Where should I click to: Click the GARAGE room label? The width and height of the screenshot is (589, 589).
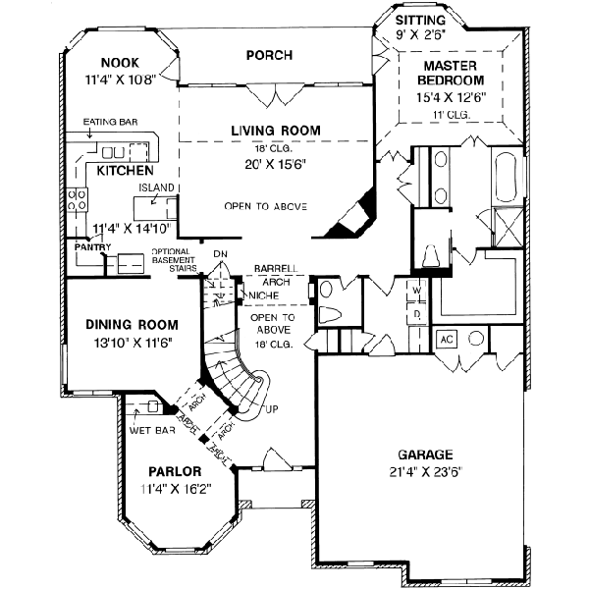(425, 455)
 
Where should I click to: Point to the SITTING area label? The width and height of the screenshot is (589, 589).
(420, 20)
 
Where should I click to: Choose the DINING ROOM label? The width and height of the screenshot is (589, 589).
(131, 325)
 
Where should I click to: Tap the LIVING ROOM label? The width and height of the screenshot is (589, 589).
(276, 130)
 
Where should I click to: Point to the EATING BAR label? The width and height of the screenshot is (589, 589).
(110, 123)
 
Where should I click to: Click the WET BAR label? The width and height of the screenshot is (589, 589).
(146, 430)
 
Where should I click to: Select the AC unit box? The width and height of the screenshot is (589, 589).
(446, 338)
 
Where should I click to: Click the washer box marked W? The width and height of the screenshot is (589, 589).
(416, 292)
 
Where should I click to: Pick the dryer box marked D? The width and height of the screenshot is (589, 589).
(416, 313)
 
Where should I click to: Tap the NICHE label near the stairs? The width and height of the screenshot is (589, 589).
(262, 294)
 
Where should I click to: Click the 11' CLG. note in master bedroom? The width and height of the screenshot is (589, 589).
(451, 115)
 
